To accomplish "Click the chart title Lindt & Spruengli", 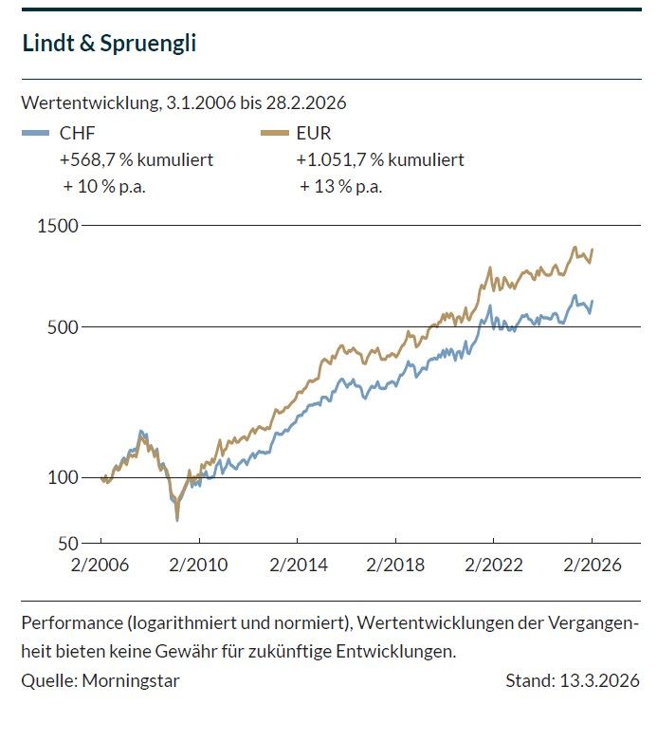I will tap(108, 44).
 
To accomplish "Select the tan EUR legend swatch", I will tap(273, 133).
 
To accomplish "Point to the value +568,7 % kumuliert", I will tap(137, 159).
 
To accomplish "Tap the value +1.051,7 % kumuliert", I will tap(380, 159).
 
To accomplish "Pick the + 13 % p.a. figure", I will tap(340, 186).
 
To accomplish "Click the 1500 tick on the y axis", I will tap(59, 226).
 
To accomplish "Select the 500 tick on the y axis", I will tap(64, 327).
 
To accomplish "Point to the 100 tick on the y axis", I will tap(64, 477).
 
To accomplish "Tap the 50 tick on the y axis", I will tap(67, 545).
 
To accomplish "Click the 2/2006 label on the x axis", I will tap(100, 566).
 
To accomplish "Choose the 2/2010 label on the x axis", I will tap(198, 566).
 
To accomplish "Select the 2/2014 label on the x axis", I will tap(297, 566).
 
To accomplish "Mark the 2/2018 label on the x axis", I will tap(395, 566).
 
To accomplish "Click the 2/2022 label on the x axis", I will tap(493, 566).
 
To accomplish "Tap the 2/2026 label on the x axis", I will tap(592, 566).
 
